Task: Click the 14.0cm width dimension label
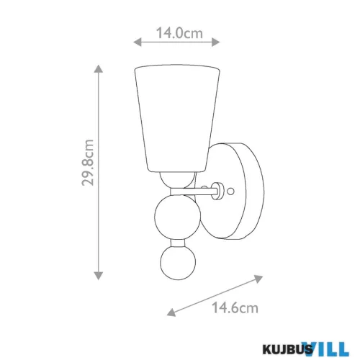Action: pyautogui.click(x=179, y=33)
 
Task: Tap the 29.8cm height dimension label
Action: pyautogui.click(x=87, y=163)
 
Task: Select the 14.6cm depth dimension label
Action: pyautogui.click(x=235, y=307)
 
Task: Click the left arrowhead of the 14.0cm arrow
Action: pyautogui.click(x=137, y=42)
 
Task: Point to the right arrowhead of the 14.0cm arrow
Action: pyautogui.click(x=216, y=42)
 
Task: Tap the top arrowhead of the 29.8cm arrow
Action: pyautogui.click(x=99, y=68)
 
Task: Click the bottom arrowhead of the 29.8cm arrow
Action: pyautogui.click(x=99, y=276)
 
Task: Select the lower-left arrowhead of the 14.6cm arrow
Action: pyautogui.click(x=171, y=312)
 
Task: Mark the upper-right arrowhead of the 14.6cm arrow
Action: pyautogui.click(x=258, y=279)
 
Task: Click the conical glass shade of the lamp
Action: pyautogui.click(x=177, y=118)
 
